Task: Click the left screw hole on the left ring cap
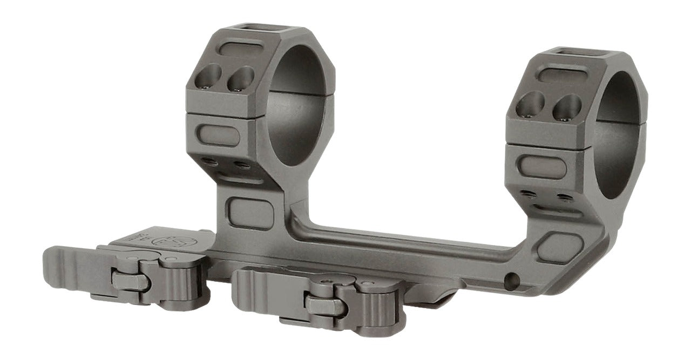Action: pyautogui.click(x=208, y=76)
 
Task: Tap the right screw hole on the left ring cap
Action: pyautogui.click(x=240, y=79)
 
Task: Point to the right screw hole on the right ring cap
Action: pyautogui.click(x=567, y=107)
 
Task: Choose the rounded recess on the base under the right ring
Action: pyautogui.click(x=560, y=247)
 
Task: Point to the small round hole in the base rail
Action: pyautogui.click(x=513, y=280)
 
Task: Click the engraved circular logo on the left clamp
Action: pyautogui.click(x=164, y=241)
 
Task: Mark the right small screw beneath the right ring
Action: pyautogui.click(x=565, y=197)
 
